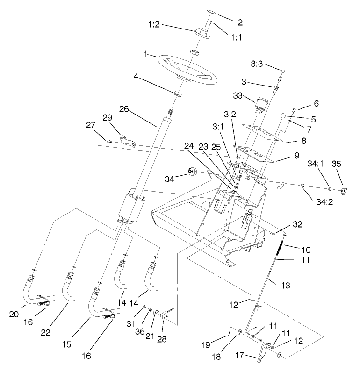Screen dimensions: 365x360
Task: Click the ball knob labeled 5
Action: pos(282,115)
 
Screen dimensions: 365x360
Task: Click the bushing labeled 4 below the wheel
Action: pos(177,94)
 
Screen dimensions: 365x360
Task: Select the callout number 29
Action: pos(107,117)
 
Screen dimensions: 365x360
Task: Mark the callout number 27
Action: pos(90,125)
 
